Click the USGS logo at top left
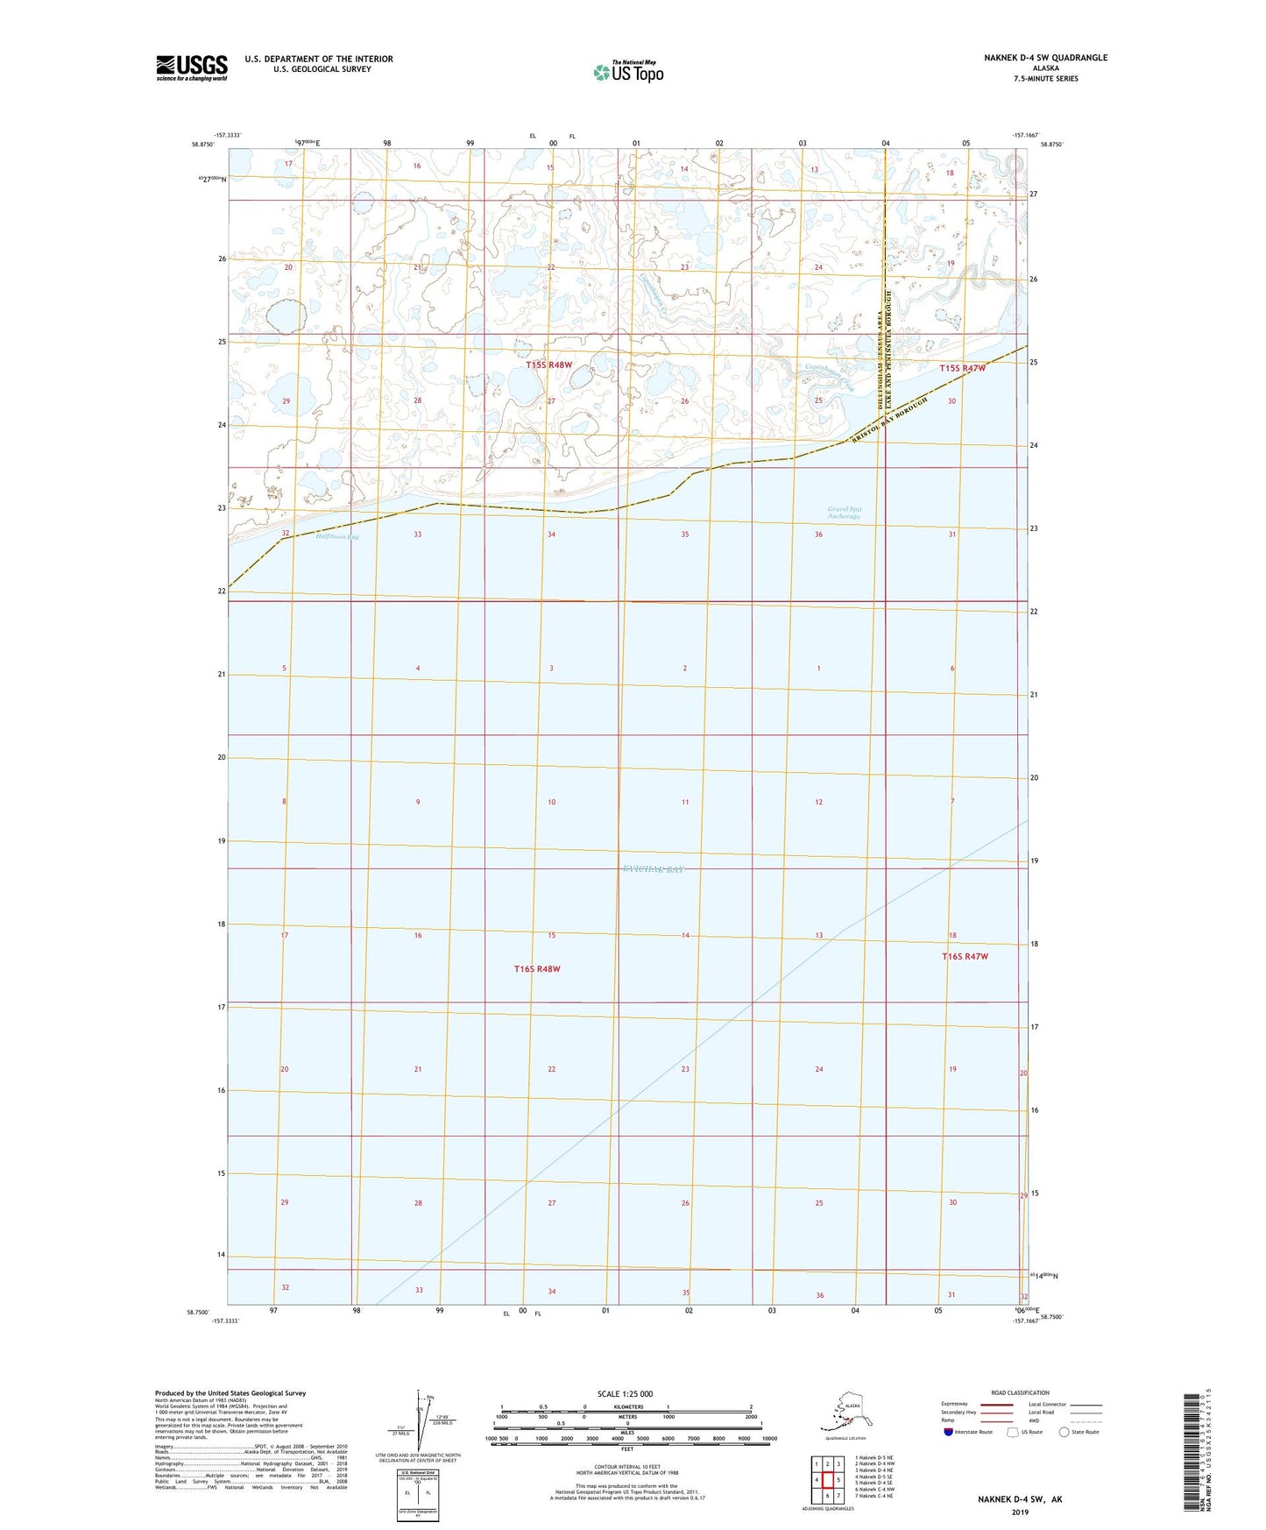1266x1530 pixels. (x=191, y=67)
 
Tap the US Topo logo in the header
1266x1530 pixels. (x=627, y=72)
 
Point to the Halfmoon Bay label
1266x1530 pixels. (x=337, y=536)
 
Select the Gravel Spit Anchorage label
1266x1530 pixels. (x=844, y=513)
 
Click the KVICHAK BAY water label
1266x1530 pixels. (x=652, y=869)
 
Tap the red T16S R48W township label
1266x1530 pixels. (x=536, y=969)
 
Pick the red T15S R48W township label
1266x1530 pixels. (x=548, y=365)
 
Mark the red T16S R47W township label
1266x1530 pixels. (x=965, y=957)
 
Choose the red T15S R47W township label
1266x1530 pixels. (x=962, y=369)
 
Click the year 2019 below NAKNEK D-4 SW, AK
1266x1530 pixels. (x=1020, y=1512)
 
